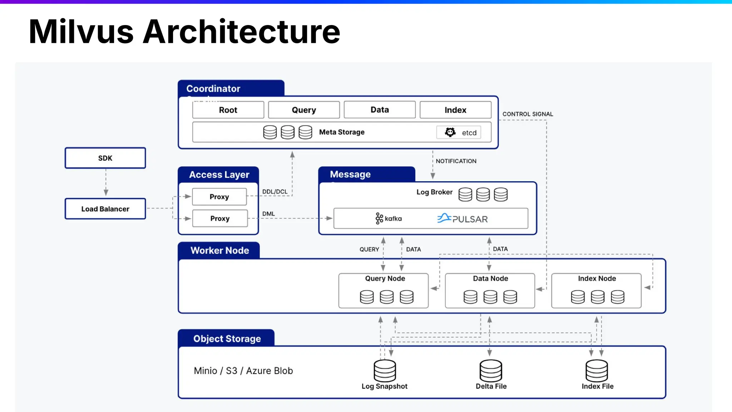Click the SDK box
tap(105, 158)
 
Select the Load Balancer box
tap(105, 209)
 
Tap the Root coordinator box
tap(228, 110)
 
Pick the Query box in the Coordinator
tap(304, 110)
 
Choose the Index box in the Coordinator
tap(455, 110)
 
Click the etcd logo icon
tap(450, 132)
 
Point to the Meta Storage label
tap(342, 132)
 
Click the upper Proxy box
tap(219, 197)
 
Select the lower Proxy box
tap(220, 219)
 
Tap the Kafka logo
tap(389, 219)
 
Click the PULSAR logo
tap(463, 219)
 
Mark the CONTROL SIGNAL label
tap(528, 114)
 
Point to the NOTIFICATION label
tap(456, 161)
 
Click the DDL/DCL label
tap(274, 192)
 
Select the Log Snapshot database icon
tap(385, 371)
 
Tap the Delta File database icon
tap(491, 371)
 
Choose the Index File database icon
tap(597, 371)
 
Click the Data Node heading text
tap(490, 279)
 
